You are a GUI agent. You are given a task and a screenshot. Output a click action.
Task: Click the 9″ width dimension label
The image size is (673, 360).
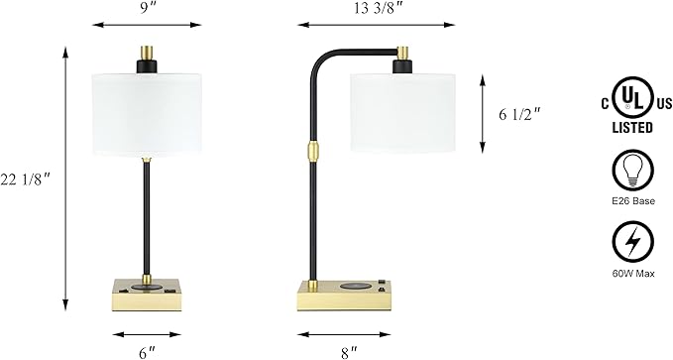tap(147, 8)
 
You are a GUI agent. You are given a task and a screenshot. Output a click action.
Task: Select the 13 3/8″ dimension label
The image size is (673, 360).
tap(377, 9)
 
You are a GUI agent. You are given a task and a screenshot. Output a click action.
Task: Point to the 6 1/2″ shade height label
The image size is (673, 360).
tap(519, 115)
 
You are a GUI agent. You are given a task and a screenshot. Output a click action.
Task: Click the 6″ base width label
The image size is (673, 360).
tap(147, 353)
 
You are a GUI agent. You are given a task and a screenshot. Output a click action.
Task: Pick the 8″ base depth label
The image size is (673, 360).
tap(349, 353)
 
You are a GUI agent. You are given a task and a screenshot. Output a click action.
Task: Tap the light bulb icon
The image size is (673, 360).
tap(633, 170)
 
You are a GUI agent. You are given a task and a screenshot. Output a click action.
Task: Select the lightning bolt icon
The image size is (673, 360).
tap(633, 241)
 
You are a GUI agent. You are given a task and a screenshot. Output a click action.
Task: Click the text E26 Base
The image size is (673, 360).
tap(633, 201)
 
